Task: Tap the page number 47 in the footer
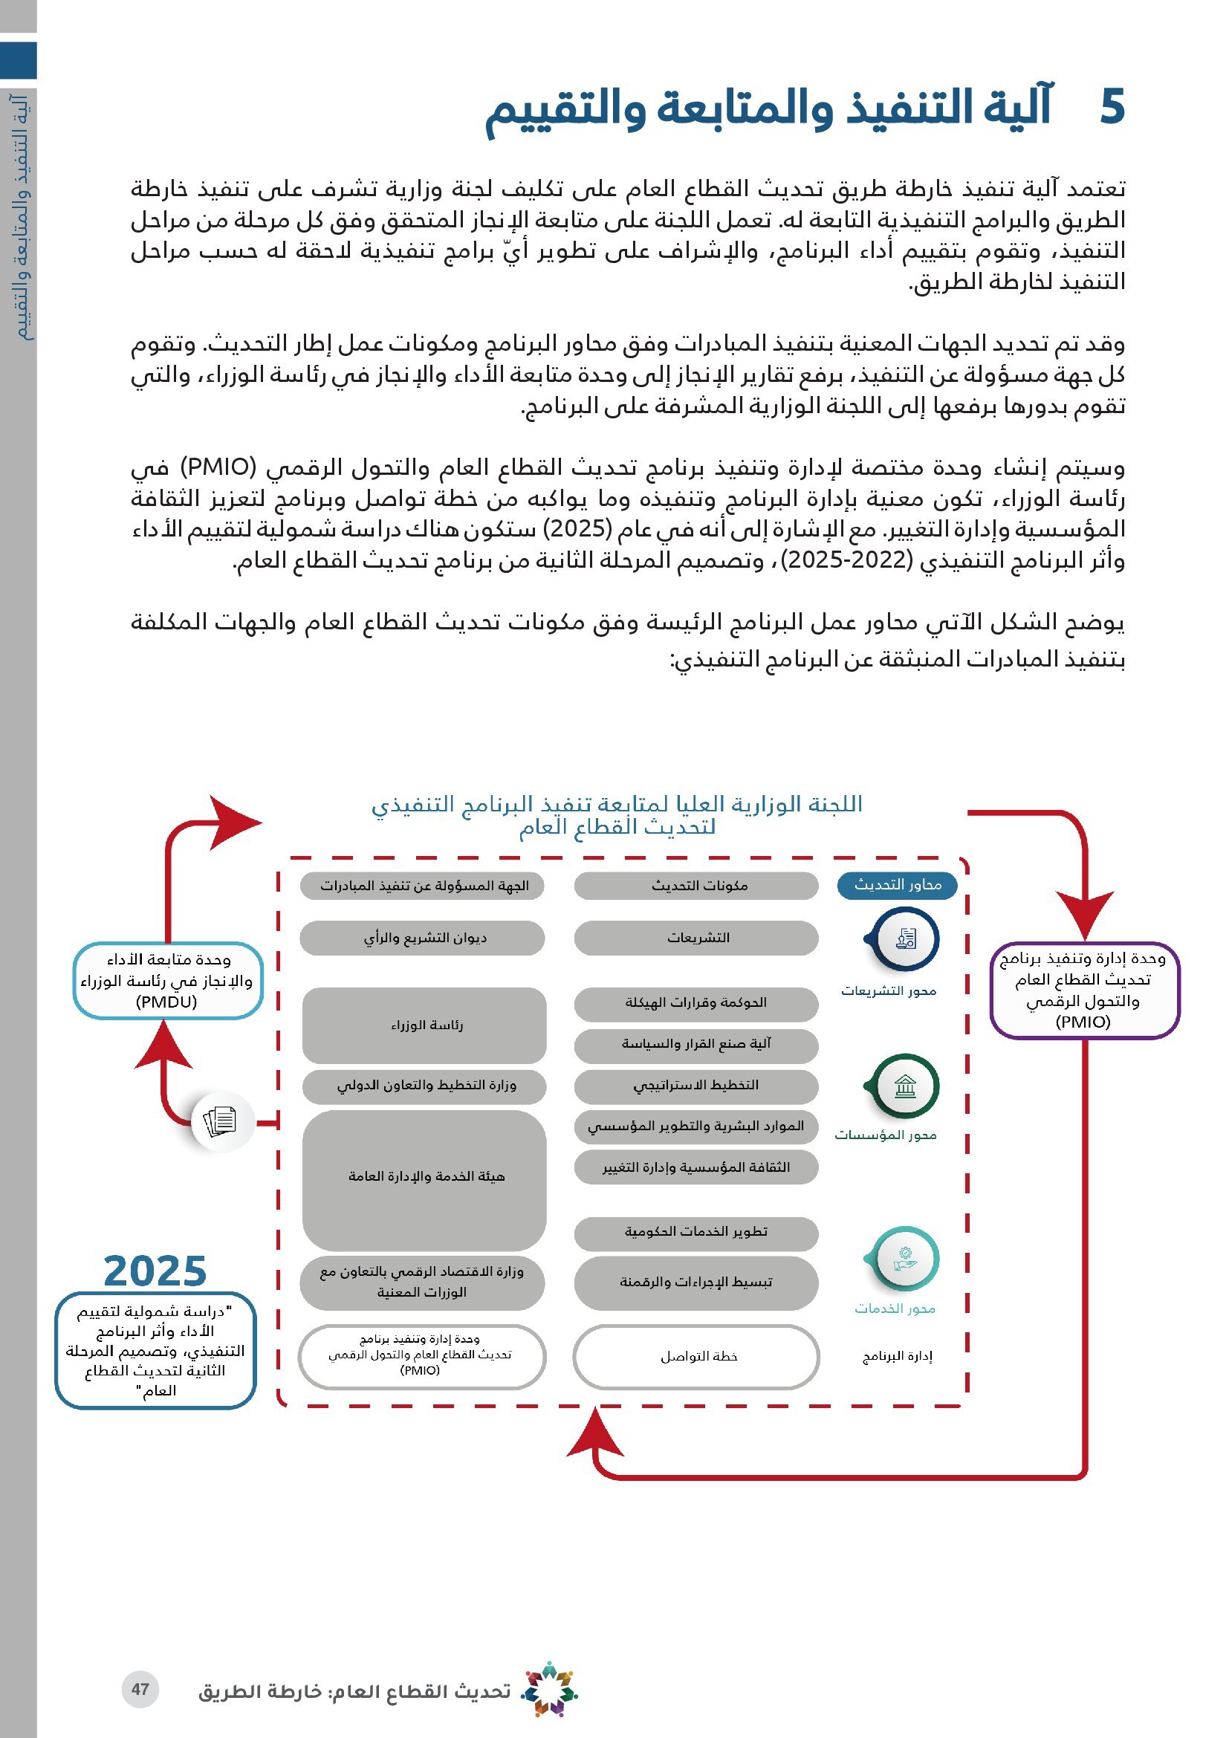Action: click(140, 1688)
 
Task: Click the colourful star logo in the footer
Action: click(550, 1689)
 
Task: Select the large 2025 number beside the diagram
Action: click(155, 1271)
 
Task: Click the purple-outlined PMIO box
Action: click(1083, 989)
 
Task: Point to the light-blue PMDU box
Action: click(167, 980)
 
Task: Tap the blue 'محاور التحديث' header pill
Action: click(897, 885)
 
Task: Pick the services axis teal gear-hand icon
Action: click(904, 1260)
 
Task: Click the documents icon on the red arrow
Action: click(220, 1121)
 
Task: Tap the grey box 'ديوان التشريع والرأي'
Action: click(422, 938)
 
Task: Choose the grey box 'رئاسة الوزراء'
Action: click(424, 1025)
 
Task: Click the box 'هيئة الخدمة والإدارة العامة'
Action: click(424, 1176)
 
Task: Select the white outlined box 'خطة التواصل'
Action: click(696, 1357)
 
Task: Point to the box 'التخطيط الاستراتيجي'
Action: click(696, 1086)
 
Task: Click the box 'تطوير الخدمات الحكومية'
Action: click(696, 1231)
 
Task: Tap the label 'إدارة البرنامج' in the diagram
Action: click(898, 1356)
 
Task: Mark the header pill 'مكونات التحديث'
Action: click(696, 886)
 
